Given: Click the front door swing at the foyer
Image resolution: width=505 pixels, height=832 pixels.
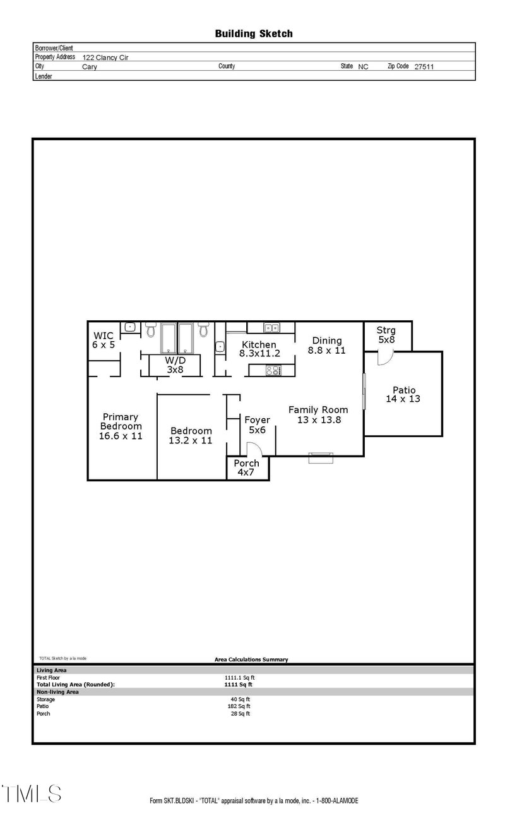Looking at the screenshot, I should pyautogui.click(x=253, y=449).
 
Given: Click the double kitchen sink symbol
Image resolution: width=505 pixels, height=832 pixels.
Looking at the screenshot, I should pyautogui.click(x=272, y=328).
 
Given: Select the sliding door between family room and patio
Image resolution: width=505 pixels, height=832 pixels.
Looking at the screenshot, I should pyautogui.click(x=364, y=392).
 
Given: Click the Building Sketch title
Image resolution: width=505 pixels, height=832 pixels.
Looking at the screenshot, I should pyautogui.click(x=254, y=33).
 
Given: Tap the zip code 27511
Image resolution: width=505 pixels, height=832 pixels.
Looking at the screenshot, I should pyautogui.click(x=424, y=66).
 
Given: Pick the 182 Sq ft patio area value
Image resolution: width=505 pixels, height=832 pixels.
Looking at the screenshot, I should pyautogui.click(x=241, y=706).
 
